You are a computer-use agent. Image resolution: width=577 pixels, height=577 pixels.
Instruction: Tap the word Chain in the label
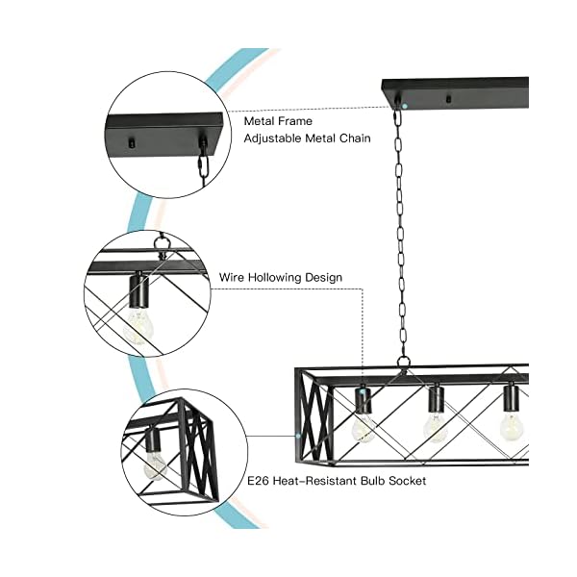[x=380, y=139]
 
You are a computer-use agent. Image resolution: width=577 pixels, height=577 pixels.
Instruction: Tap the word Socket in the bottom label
[x=405, y=479]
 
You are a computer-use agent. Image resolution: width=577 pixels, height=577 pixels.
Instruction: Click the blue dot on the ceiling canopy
[x=406, y=104]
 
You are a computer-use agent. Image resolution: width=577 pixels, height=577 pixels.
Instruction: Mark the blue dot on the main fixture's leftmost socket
[x=363, y=392]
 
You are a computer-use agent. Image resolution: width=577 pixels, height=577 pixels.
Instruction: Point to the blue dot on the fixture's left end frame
[x=299, y=435]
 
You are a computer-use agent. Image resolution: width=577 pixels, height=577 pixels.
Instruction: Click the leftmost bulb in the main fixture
[x=364, y=426]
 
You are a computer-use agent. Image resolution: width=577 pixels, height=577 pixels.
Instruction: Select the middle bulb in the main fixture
[x=436, y=426]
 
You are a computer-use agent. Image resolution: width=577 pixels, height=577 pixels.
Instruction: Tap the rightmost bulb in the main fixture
[x=509, y=423]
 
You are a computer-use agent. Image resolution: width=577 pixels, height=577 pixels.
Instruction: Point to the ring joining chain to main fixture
[x=403, y=363]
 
